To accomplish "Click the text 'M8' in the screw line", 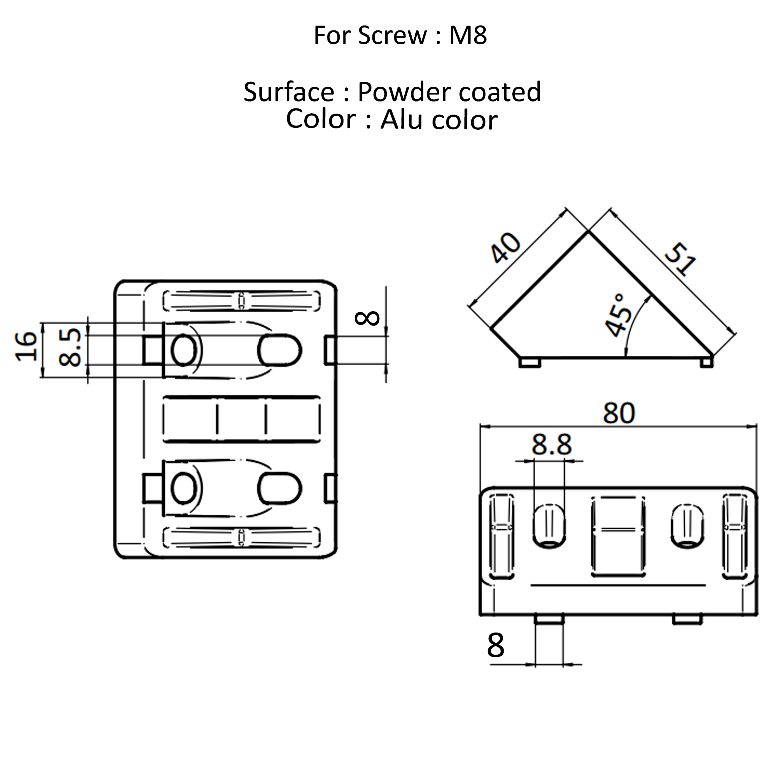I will [x=468, y=35].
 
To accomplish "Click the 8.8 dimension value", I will [x=551, y=445].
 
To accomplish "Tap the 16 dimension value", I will [x=26, y=346].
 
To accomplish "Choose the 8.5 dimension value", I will [x=69, y=347].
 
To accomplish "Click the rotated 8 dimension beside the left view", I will [x=367, y=318].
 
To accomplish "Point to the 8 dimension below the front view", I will [x=496, y=645].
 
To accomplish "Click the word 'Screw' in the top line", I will [x=392, y=35].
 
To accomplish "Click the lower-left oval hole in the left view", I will [x=184, y=488].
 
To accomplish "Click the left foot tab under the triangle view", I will [x=529, y=362].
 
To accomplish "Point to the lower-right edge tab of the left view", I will [x=331, y=488].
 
